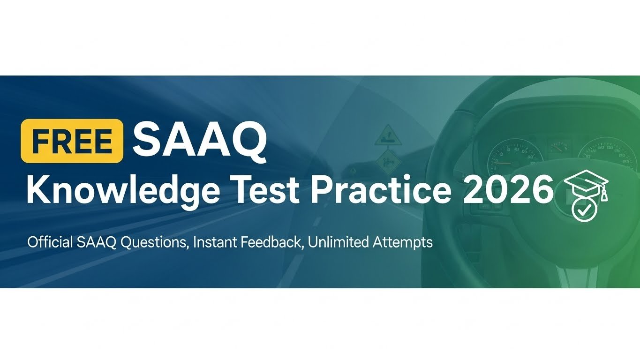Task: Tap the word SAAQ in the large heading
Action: pyautogui.click(x=200, y=139)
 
